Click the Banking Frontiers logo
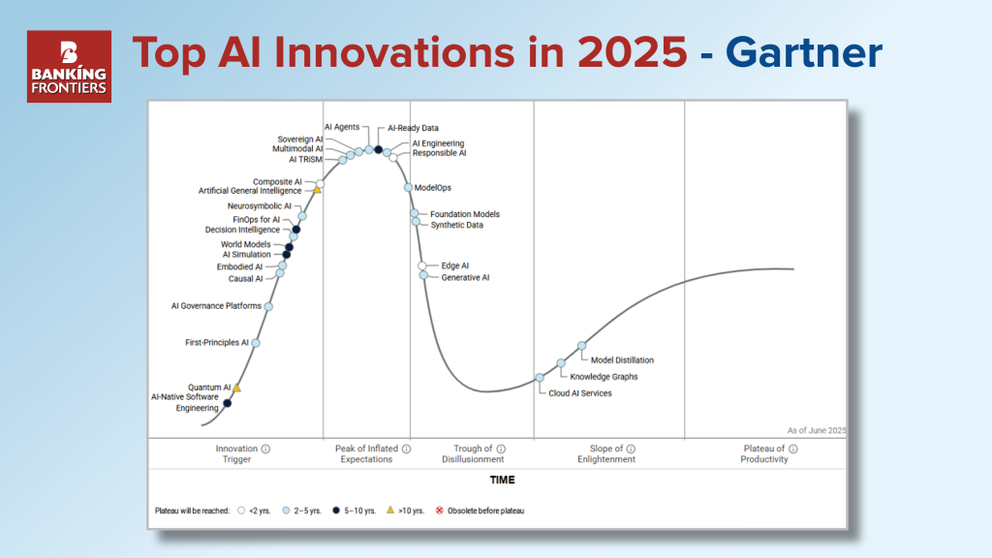pos(69,67)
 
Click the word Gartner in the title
pos(803,52)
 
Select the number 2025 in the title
pos(632,52)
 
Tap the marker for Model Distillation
pos(581,346)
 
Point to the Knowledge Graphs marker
pos(561,363)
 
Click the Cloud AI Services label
pos(580,393)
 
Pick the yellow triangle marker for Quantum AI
pos(236,387)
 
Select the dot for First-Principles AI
pos(256,343)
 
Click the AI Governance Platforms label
pos(216,305)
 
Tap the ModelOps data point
pos(408,187)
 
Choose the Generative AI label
pos(465,277)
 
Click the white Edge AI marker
pos(422,265)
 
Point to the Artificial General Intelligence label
pos(250,191)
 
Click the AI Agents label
pos(342,127)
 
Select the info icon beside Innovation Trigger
pos(265,449)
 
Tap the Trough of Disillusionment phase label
pos(473,453)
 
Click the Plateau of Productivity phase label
pos(764,453)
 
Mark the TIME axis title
pos(503,480)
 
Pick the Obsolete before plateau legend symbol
pos(440,511)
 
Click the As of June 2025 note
pos(816,430)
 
